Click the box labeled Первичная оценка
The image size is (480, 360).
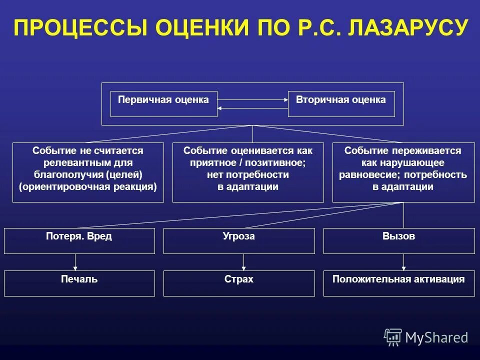[163, 103]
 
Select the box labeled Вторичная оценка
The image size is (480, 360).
[341, 103]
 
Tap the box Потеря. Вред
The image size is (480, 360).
[79, 240]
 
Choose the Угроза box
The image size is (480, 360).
[239, 240]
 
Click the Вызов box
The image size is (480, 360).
[399, 240]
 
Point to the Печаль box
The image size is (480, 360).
[79, 283]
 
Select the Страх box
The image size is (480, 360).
[239, 283]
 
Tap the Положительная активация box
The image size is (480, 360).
[399, 283]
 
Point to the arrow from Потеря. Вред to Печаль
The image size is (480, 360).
[75, 262]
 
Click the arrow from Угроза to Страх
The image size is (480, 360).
[244, 262]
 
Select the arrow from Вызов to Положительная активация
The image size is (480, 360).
[403, 262]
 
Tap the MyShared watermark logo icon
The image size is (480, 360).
[393, 337]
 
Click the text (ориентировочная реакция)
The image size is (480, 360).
[88, 187]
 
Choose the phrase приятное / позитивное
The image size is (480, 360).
[248, 163]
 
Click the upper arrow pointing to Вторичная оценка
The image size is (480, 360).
[253, 100]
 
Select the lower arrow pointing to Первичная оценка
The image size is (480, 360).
[253, 108]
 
